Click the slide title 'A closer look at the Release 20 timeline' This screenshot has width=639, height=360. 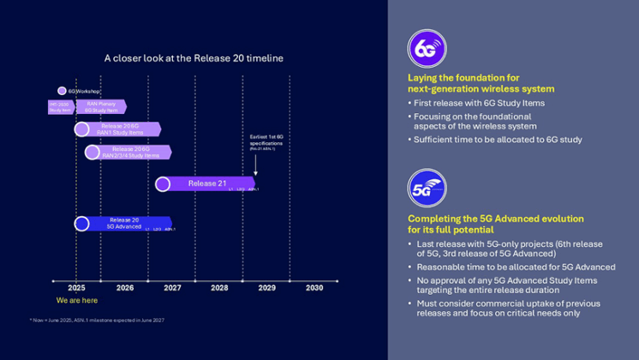point(194,58)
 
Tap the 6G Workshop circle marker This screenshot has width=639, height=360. point(62,91)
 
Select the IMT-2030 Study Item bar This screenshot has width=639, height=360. point(60,107)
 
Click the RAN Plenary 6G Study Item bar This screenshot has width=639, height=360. point(101,107)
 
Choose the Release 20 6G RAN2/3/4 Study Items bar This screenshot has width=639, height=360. point(130,152)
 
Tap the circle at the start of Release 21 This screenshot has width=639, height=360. point(163,183)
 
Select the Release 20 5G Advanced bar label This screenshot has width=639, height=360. point(124,224)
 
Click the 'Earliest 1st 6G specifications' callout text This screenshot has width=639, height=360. point(266,141)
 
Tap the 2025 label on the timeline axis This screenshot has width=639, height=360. point(76,288)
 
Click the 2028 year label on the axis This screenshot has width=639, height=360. point(219,288)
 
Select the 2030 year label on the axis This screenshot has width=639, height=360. point(314,288)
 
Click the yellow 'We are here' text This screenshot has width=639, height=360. point(76,301)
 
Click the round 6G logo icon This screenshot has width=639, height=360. point(426,50)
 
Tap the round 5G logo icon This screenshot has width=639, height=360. point(426,189)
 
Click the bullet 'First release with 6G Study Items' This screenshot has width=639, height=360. point(480,104)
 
